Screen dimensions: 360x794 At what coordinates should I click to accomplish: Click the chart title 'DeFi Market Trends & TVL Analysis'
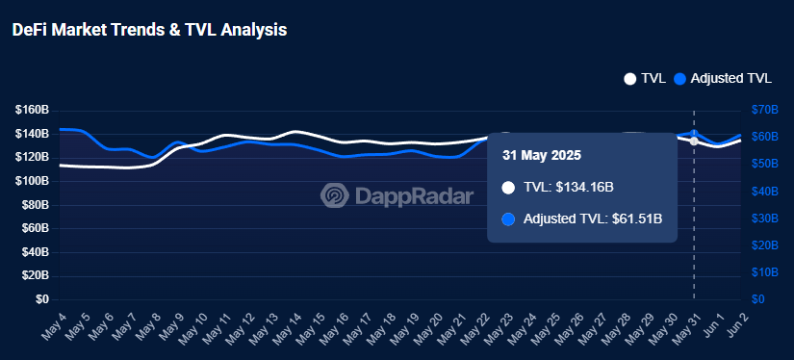[149, 30]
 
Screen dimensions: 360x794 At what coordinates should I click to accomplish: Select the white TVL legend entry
[645, 79]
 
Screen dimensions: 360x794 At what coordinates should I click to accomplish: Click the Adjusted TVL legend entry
[724, 79]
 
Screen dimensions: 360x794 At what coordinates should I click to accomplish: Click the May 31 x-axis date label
[684, 327]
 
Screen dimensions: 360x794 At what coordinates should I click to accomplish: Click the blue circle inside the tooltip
[509, 219]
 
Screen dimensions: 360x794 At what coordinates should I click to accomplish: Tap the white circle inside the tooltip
[509, 187]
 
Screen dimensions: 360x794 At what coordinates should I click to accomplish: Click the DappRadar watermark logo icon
[335, 196]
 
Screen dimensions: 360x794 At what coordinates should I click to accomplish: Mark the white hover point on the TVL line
[694, 141]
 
